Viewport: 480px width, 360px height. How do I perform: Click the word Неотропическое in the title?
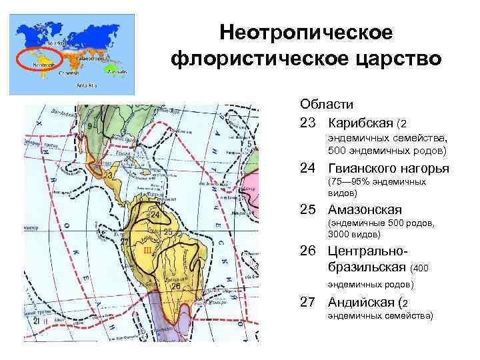point(306,32)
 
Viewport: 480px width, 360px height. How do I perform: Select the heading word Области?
point(327,105)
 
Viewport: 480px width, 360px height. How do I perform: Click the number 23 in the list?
point(307,123)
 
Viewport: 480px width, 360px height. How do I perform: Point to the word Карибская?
point(360,123)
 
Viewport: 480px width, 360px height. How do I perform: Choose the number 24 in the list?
point(307,169)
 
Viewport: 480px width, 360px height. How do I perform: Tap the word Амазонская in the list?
point(365,210)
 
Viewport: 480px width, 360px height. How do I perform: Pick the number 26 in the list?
point(307,252)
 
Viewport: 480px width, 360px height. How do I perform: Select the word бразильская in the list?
point(367,267)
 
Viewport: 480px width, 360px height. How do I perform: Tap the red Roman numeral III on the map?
point(147,249)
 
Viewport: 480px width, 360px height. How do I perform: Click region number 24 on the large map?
point(154,215)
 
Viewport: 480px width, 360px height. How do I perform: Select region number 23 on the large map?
point(108,173)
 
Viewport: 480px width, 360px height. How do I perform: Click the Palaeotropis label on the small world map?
point(88,59)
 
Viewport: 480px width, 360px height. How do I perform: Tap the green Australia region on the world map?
point(119,71)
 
